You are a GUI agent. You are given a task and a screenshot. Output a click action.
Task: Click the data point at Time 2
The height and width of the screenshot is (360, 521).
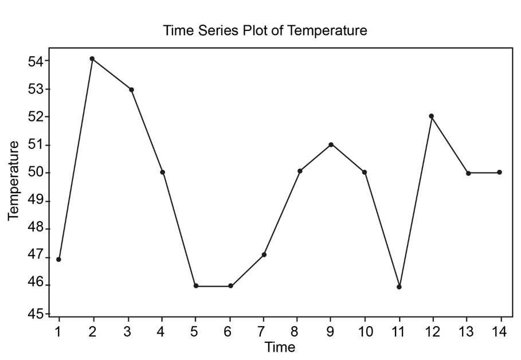pyautogui.click(x=92, y=58)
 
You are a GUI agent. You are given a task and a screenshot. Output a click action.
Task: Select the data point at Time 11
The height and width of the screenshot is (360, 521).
pyautogui.click(x=399, y=287)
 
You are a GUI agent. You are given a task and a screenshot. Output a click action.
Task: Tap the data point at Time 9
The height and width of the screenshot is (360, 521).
pyautogui.click(x=331, y=144)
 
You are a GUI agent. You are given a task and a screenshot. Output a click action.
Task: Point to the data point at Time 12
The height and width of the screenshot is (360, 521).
pyautogui.click(x=432, y=116)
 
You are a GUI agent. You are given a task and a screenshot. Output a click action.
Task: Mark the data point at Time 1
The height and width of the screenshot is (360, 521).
pyautogui.click(x=58, y=260)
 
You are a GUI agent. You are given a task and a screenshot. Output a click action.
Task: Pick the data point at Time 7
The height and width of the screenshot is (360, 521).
pyautogui.click(x=264, y=255)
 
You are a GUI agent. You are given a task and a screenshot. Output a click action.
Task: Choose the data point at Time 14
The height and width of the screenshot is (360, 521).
pyautogui.click(x=500, y=172)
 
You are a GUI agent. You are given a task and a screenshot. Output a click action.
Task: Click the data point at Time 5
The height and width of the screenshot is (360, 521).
pyautogui.click(x=196, y=285)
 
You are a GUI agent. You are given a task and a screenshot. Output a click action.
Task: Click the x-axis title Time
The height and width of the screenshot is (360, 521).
pyautogui.click(x=280, y=347)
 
